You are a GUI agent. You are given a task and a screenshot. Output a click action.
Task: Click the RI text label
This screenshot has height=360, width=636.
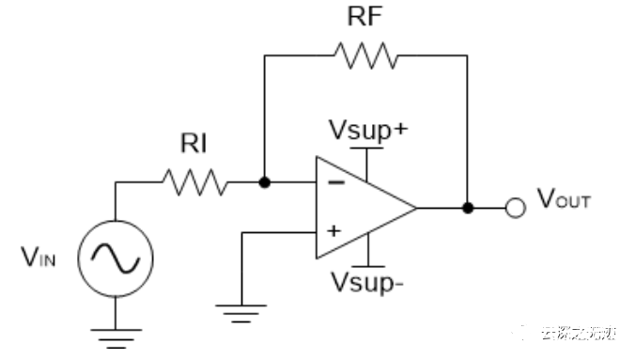point(194,144)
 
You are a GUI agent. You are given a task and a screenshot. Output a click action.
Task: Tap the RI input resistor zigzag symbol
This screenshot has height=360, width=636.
point(194,181)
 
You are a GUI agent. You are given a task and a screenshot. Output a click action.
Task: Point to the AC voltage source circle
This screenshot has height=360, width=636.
point(115,255)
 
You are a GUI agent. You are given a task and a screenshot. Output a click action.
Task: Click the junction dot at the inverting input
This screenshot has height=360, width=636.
point(265,181)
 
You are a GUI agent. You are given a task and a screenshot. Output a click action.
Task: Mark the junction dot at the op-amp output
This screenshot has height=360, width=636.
point(467,206)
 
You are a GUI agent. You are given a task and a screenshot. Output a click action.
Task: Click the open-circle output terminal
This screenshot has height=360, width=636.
point(513,206)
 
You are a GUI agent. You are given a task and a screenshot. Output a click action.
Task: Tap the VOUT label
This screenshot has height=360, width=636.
point(564,199)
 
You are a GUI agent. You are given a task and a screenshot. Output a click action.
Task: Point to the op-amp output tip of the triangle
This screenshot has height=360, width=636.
point(416,206)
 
